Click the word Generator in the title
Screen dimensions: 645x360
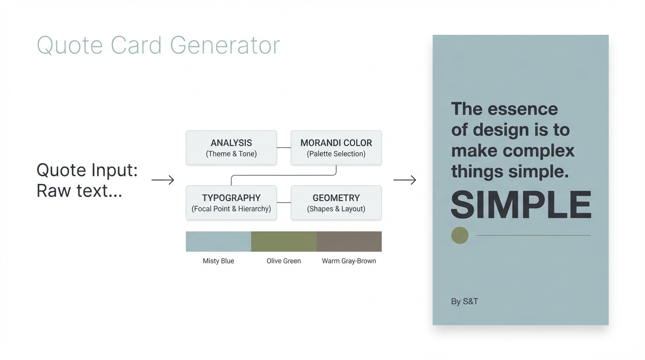coord(225,45)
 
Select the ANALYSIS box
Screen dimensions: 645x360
coord(231,148)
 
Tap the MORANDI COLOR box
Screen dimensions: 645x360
coord(336,148)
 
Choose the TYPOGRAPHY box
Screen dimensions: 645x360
coord(231,203)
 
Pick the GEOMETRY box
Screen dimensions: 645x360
coord(336,203)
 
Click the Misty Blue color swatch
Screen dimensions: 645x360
coord(218,241)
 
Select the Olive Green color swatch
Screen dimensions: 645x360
coord(284,241)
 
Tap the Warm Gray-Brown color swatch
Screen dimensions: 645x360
coord(349,241)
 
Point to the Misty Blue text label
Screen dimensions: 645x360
coord(218,261)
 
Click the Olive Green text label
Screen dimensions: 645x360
coord(284,261)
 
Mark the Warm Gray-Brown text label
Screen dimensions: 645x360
coord(349,261)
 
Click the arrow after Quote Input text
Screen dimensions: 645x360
coord(163,180)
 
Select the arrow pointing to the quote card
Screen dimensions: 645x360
coord(405,180)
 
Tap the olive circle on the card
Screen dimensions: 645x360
coord(460,235)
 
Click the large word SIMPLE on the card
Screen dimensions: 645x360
coord(521,205)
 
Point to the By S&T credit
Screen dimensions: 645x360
coord(465,301)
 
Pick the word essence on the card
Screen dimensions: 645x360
coord(523,109)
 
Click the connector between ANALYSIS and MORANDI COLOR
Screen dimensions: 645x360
coord(284,148)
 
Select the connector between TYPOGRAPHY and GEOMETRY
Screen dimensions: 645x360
coord(284,202)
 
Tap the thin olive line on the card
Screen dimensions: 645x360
coord(533,235)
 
